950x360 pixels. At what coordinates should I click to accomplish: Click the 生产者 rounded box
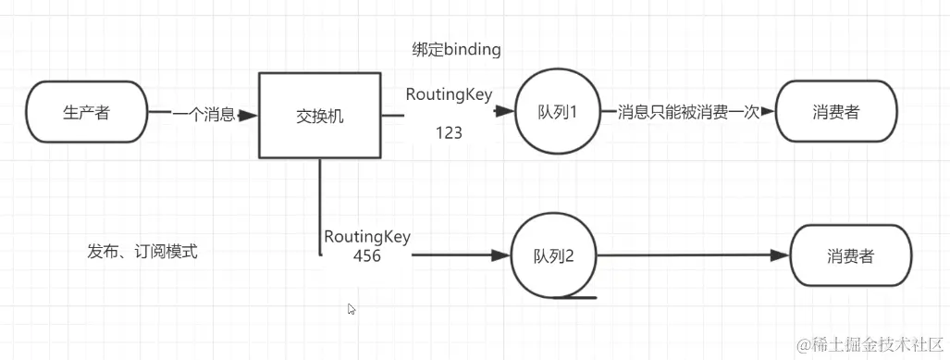(89, 113)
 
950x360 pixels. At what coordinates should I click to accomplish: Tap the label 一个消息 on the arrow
(203, 114)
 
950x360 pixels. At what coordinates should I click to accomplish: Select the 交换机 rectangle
(318, 117)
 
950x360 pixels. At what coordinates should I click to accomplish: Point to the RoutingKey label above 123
(449, 93)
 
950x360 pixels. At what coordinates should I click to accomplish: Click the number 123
(449, 133)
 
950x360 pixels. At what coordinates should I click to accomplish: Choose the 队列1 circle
(558, 112)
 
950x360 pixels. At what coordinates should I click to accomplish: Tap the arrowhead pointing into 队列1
(505, 112)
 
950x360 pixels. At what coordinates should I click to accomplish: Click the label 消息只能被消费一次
(688, 112)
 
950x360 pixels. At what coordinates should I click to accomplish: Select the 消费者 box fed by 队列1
(836, 112)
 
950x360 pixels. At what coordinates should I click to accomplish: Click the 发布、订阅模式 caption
(142, 251)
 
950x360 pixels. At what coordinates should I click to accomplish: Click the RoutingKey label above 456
(367, 237)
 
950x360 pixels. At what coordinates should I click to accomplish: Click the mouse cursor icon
(352, 309)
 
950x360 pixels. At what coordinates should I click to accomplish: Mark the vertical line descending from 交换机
(320, 204)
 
